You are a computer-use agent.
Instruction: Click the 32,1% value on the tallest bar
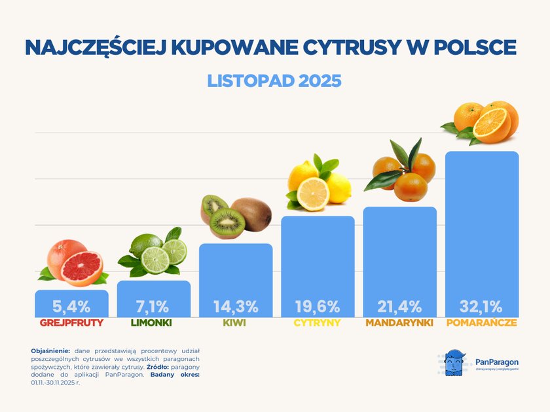pos(481,306)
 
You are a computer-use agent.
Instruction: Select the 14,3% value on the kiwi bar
pos(235,306)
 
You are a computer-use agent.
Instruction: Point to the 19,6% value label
pos(318,306)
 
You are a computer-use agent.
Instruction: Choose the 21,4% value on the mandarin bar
pos(399,306)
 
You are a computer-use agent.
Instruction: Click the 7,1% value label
pos(153,306)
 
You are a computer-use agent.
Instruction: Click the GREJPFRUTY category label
pos(71,323)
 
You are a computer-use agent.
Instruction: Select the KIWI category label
pos(235,323)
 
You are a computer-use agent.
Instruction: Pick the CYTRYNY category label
pos(318,323)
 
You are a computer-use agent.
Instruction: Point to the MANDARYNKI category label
pos(399,323)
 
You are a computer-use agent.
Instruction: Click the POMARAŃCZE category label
pos(481,323)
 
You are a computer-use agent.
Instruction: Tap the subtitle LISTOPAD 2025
pos(274,81)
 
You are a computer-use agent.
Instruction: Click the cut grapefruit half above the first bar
pos(81,269)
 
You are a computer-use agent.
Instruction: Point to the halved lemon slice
pos(313,194)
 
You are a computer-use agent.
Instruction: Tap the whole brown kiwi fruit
pos(252,213)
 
